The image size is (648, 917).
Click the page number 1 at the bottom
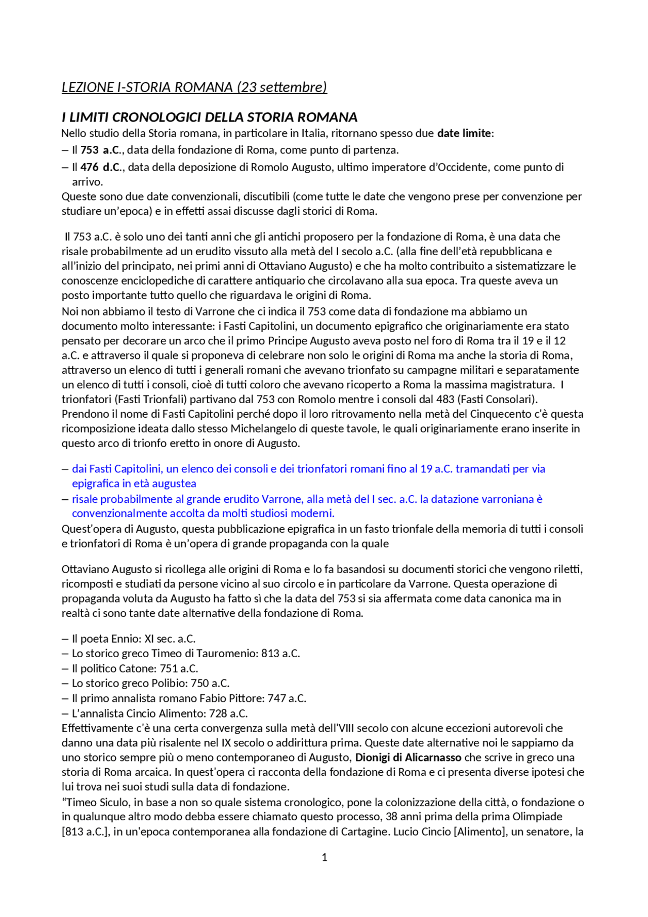coord(325,857)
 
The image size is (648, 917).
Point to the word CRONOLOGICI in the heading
coord(157,117)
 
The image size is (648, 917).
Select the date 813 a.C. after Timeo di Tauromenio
coord(280,653)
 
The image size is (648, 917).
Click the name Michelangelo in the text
coord(266,429)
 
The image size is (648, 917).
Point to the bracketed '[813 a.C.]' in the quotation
coord(85,832)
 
